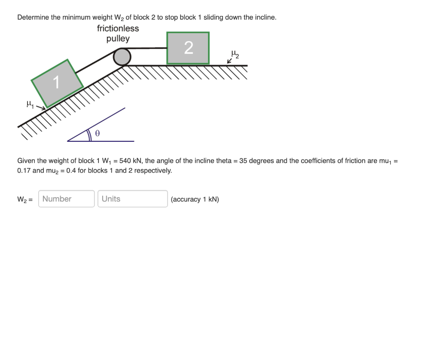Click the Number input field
tap(66, 199)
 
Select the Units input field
tap(132, 199)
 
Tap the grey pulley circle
tap(122, 57)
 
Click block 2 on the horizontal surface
tap(188, 48)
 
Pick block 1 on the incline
tap(57, 82)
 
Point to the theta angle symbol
tap(98, 134)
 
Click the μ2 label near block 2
tap(235, 54)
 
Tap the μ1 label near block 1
tap(29, 104)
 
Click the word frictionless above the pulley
tap(118, 28)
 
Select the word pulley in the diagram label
tap(118, 39)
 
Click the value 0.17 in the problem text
tap(24, 171)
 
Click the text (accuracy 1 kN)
tap(195, 199)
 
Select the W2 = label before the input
tap(25, 199)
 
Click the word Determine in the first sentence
tap(33, 18)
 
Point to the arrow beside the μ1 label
tap(40, 107)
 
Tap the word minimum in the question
tap(79, 18)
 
